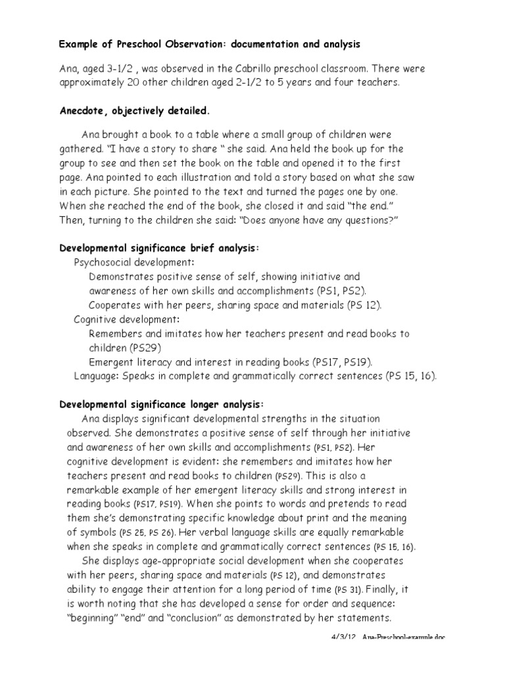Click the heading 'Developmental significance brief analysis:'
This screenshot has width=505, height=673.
point(160,248)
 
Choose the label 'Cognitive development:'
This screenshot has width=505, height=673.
point(126,319)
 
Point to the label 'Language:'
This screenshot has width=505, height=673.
point(95,376)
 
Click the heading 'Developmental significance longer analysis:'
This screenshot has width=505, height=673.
point(162,404)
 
